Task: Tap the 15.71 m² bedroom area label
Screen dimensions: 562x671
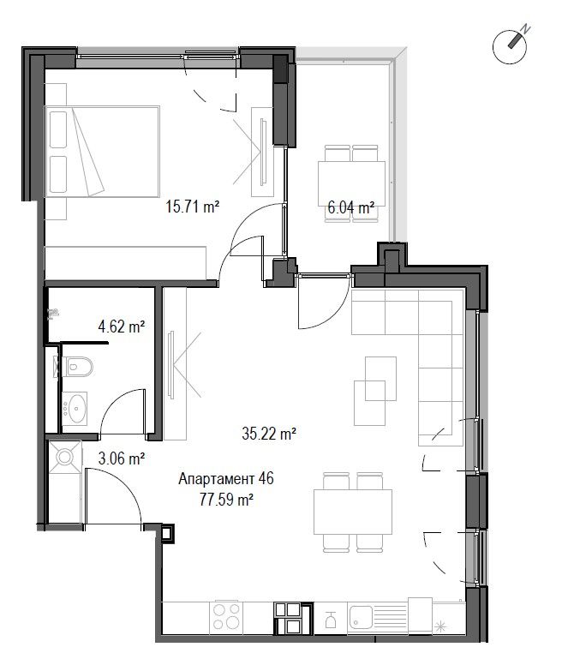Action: click(x=193, y=207)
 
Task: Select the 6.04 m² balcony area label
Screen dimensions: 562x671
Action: click(x=351, y=208)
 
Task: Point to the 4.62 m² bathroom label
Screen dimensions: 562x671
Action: click(x=122, y=327)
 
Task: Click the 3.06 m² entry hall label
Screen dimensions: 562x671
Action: click(x=122, y=459)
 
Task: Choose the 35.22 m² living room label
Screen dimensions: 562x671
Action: click(x=269, y=434)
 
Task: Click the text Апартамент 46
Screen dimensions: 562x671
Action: click(x=226, y=478)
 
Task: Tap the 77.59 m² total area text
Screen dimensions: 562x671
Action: click(x=226, y=500)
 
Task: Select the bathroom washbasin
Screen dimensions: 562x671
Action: click(x=75, y=408)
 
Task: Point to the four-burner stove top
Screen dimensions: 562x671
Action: click(x=226, y=616)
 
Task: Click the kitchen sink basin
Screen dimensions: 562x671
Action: click(x=360, y=618)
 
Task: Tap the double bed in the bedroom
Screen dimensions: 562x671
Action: click(x=102, y=152)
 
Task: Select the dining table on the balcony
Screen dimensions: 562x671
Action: click(x=351, y=183)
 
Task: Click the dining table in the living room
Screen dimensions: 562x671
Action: click(x=353, y=512)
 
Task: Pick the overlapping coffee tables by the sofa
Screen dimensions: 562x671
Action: click(x=375, y=391)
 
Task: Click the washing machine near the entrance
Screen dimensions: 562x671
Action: click(x=64, y=457)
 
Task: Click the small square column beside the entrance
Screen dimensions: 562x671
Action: click(x=167, y=533)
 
